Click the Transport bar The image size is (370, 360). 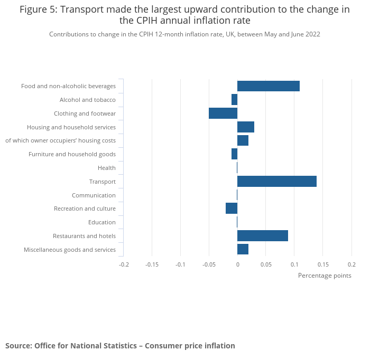277,182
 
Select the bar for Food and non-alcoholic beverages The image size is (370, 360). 269,86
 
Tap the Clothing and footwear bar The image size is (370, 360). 223,113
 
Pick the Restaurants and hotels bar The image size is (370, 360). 263,236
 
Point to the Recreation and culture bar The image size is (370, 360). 232,209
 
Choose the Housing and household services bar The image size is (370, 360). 246,127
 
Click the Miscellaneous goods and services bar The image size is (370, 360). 243,249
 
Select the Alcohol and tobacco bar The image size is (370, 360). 234,100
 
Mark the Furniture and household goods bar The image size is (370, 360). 234,154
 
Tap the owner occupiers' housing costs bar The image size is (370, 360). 243,140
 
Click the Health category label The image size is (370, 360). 106,168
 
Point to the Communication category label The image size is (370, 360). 94,195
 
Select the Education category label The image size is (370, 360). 102,222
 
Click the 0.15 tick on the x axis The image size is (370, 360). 323,264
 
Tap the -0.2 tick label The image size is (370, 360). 124,264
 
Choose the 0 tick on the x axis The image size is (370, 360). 237,264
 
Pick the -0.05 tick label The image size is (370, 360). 209,264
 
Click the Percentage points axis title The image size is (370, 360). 325,276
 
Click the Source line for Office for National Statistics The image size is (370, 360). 120,346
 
